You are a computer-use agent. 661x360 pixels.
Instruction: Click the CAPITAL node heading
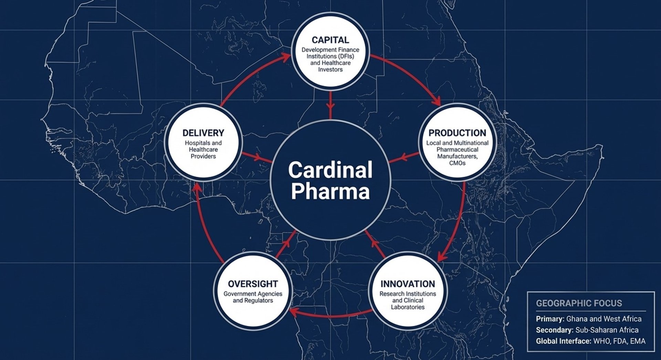click(330, 40)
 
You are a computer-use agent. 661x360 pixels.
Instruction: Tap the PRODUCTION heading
click(457, 133)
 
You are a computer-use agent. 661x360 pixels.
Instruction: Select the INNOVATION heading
click(408, 284)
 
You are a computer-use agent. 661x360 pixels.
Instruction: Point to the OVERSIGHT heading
click(253, 284)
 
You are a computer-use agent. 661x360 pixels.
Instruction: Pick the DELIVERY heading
click(203, 133)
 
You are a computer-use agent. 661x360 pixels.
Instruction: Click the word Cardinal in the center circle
click(330, 170)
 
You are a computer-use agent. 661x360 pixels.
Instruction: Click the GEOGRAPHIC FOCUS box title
click(579, 303)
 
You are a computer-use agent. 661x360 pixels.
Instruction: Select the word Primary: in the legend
click(550, 319)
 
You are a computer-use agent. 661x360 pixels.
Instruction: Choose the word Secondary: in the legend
click(554, 330)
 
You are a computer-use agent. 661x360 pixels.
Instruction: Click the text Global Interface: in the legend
click(563, 341)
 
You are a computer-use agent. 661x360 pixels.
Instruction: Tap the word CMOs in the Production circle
click(457, 163)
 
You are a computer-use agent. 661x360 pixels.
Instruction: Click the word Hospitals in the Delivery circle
click(198, 143)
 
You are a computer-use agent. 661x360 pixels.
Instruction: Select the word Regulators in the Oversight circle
click(258, 300)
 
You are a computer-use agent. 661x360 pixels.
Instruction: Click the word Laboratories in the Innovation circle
click(408, 307)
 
